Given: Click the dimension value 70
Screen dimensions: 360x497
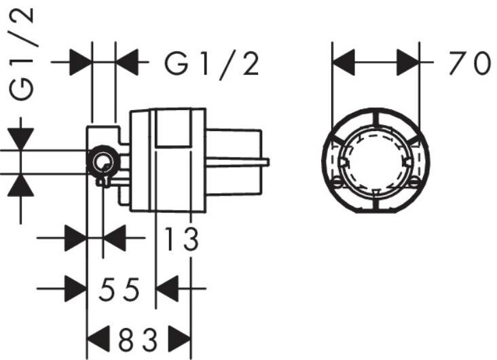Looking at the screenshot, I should point(468,64).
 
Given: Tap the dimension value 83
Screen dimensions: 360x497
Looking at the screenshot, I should point(140,338).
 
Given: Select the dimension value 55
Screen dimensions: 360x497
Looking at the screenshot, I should point(119,291).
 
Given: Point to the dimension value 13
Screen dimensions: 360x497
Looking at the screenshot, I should point(181,239).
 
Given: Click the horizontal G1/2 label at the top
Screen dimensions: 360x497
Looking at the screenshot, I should point(212,64).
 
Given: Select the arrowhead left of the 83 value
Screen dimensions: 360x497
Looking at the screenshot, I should point(99,338).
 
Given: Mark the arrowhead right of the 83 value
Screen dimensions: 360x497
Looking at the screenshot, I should point(180,338).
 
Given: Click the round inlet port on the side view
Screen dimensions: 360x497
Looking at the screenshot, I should point(103,162).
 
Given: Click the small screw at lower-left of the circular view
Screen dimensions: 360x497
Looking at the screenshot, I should point(337,181).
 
